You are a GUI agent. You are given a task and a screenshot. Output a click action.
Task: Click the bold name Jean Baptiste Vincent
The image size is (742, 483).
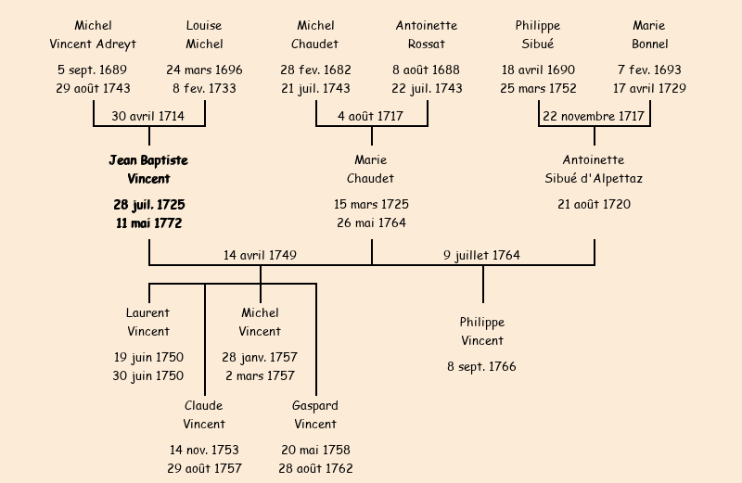[148, 170]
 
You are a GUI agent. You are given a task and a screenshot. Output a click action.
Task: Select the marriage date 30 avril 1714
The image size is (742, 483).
[148, 116]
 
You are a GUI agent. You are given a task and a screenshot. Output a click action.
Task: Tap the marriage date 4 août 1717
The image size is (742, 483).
[371, 116]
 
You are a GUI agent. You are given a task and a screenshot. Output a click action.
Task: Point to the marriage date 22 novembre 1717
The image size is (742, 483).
[594, 116]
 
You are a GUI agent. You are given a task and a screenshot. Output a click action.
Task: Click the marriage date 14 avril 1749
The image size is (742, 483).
[261, 255]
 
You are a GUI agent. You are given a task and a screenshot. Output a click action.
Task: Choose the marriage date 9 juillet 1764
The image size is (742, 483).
[481, 255]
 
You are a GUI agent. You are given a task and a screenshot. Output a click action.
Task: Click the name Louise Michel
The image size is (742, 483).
[204, 35]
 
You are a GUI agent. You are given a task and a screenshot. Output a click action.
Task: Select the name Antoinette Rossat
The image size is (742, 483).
[427, 35]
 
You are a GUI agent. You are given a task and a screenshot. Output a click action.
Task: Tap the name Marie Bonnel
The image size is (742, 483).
[649, 35]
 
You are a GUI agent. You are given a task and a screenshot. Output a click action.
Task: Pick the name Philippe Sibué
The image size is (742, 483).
[538, 35]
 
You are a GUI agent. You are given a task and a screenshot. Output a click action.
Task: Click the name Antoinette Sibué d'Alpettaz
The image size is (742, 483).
[594, 170]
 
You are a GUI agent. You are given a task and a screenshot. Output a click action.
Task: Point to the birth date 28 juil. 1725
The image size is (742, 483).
[148, 204]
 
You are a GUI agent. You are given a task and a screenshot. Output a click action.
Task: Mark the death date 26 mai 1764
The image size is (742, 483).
[371, 222]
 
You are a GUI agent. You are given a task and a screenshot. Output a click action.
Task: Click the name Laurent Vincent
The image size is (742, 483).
[148, 323]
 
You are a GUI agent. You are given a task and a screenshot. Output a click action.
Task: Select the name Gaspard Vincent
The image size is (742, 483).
[315, 415]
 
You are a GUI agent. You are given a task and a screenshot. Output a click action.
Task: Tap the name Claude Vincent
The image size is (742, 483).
[204, 415]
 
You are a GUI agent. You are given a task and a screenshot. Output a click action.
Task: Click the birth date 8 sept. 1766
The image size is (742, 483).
[482, 366]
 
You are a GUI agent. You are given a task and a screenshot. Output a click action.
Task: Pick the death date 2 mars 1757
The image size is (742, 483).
[260, 375]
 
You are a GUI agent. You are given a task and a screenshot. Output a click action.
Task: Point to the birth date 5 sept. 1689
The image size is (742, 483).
[93, 70]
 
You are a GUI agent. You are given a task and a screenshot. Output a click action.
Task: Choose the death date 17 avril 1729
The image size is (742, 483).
[649, 88]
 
